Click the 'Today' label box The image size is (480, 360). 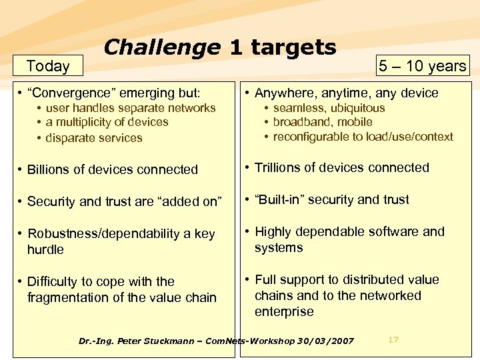click(x=48, y=65)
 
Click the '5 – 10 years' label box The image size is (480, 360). click(x=423, y=65)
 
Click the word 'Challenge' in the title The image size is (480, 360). click(x=161, y=47)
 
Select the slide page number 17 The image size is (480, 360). click(x=393, y=340)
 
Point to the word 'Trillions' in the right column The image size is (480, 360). click(x=282, y=167)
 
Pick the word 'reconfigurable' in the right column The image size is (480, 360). click(x=311, y=137)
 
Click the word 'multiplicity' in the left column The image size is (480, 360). click(x=88, y=122)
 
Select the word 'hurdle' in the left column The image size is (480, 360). click(x=45, y=249)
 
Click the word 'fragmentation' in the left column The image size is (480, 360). click(x=67, y=297)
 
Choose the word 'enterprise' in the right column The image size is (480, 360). click(x=284, y=311)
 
